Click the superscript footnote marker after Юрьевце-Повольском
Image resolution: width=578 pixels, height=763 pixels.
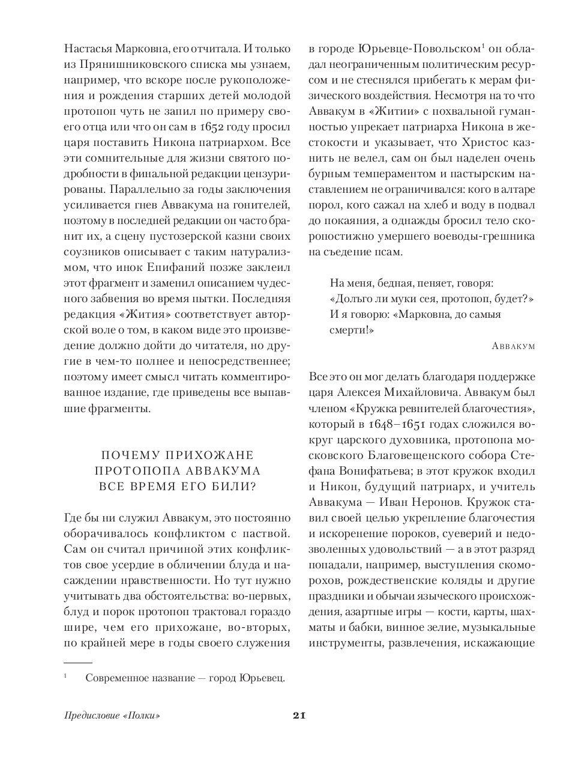[484, 46]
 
